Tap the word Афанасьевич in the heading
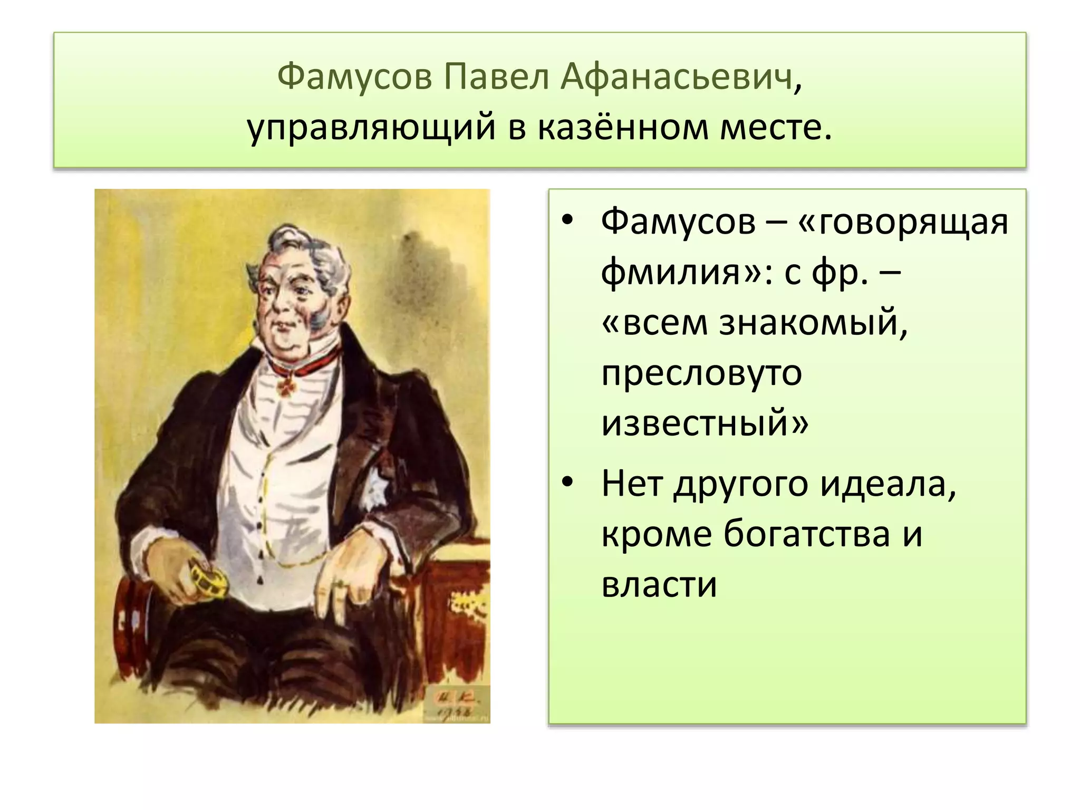point(677,77)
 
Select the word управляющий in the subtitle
point(371,128)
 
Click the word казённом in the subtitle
point(623,128)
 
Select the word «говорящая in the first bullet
point(903,222)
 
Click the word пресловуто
point(701,373)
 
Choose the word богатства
point(806,534)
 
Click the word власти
point(659,585)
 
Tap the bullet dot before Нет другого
point(567,482)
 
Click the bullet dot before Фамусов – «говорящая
point(567,220)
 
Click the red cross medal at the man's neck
point(286,388)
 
